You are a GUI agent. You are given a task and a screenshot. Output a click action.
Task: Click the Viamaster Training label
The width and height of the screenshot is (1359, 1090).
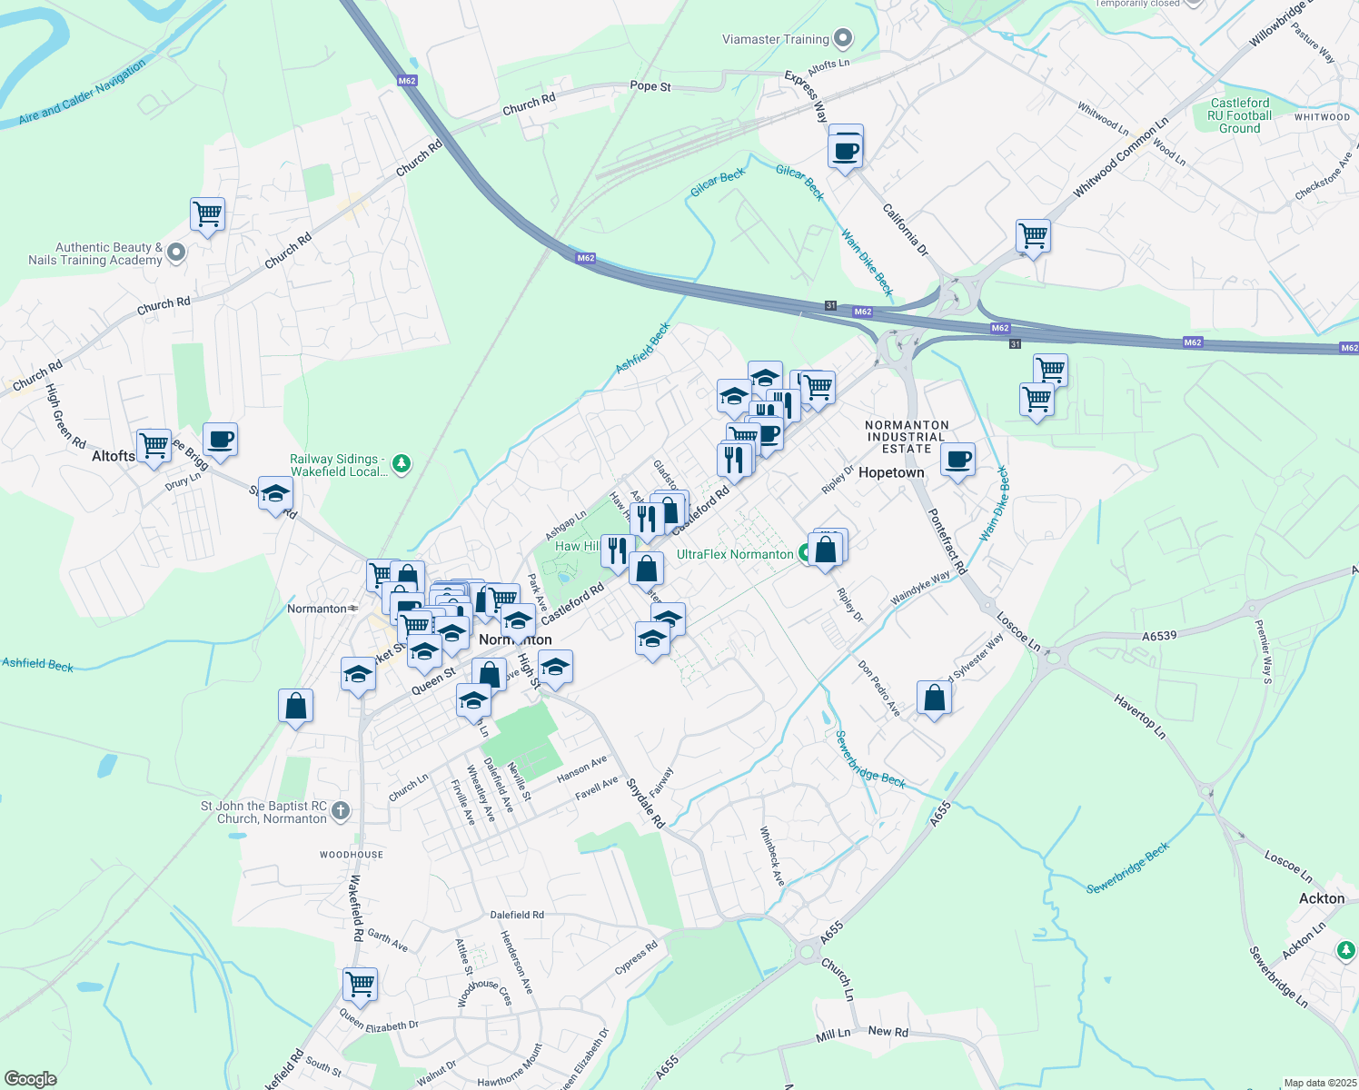(775, 39)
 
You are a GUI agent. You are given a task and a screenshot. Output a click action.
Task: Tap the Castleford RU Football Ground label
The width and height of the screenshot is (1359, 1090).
(1240, 115)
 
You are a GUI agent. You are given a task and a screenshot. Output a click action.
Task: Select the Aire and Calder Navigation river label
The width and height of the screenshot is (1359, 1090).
(82, 93)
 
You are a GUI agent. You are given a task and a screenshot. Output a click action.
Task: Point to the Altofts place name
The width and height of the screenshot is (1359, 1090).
(114, 456)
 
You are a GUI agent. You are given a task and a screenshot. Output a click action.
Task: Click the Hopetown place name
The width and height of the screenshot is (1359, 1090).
(891, 472)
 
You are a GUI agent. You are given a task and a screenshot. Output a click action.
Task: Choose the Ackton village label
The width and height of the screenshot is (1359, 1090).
(1322, 898)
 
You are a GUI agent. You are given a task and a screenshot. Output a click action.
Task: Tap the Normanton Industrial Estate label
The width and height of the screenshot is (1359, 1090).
(907, 437)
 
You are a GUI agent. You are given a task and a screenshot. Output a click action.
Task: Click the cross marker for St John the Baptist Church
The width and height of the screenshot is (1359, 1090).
(341, 810)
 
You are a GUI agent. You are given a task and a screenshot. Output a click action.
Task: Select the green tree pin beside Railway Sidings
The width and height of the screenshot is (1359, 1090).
(401, 465)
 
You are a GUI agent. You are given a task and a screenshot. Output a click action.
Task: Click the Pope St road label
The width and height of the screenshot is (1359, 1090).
(650, 86)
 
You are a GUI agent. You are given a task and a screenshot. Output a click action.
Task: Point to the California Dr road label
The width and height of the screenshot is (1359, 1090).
(906, 230)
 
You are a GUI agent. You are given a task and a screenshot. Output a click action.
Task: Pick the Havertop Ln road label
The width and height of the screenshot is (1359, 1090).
(1139, 716)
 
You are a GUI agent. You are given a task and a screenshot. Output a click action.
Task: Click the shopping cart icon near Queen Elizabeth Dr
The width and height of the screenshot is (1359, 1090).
(361, 984)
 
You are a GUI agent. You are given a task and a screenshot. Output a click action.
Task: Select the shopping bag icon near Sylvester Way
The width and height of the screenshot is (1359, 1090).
(935, 699)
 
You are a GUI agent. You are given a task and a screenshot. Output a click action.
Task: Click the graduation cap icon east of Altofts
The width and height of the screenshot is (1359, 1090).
(275, 494)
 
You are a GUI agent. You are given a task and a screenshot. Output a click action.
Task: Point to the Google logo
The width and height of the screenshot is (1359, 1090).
(31, 1079)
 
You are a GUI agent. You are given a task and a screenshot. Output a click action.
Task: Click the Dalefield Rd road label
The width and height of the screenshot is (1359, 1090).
(517, 915)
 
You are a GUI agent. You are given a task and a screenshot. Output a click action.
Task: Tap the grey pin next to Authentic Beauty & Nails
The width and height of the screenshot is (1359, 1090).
(176, 253)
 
